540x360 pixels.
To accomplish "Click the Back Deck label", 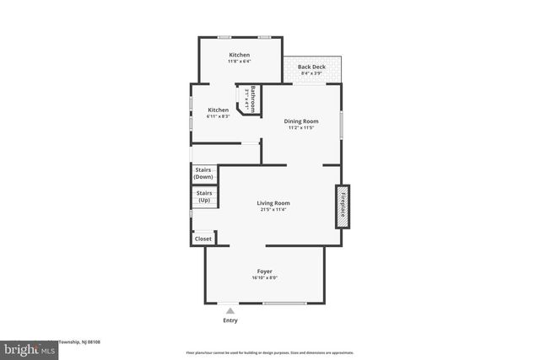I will [x=312, y=67].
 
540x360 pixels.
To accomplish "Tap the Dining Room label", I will [x=300, y=121].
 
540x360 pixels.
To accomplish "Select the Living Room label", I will [x=273, y=203].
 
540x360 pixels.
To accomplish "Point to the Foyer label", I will [x=264, y=271].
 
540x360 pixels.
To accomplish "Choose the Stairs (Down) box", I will [x=203, y=174].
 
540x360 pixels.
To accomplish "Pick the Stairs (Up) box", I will [x=203, y=196].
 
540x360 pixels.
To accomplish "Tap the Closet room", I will [x=203, y=239].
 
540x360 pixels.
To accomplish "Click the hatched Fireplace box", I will [x=343, y=206].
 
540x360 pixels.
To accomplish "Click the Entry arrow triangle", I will [x=230, y=311].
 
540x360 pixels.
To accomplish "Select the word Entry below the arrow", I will [x=230, y=320].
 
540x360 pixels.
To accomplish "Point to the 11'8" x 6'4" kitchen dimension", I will [x=239, y=62].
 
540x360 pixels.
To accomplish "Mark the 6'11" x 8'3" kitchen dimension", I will [x=219, y=116].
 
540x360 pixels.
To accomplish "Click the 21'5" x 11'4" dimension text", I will [x=273, y=210].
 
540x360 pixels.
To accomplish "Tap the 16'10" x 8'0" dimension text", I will [x=264, y=278].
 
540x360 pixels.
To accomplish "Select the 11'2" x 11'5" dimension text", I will [x=300, y=128].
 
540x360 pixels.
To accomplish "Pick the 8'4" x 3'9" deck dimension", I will [x=312, y=73].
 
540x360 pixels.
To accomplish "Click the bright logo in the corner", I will [x=24, y=347].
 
